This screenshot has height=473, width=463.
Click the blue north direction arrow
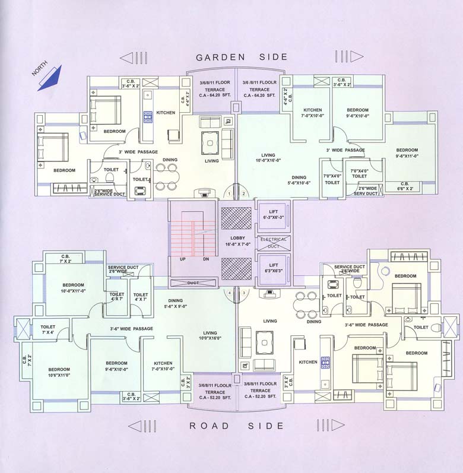pyautogui.click(x=51, y=78)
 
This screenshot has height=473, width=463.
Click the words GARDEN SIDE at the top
pyautogui.click(x=242, y=57)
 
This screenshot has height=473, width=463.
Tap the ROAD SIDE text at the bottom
pyautogui.click(x=237, y=426)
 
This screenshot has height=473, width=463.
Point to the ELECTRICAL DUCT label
pyautogui.click(x=273, y=242)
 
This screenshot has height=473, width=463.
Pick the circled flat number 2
pyautogui.click(x=243, y=193)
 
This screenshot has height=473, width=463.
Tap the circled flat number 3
pyautogui.click(x=243, y=293)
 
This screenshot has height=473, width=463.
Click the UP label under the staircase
pyautogui.click(x=183, y=259)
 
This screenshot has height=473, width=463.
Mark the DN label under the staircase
pyautogui.click(x=205, y=259)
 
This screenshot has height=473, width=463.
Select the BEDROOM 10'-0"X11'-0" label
pyautogui.click(x=73, y=288)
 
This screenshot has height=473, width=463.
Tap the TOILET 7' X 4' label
pyautogui.click(x=47, y=330)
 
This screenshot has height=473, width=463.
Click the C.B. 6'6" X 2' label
pyautogui.click(x=405, y=187)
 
